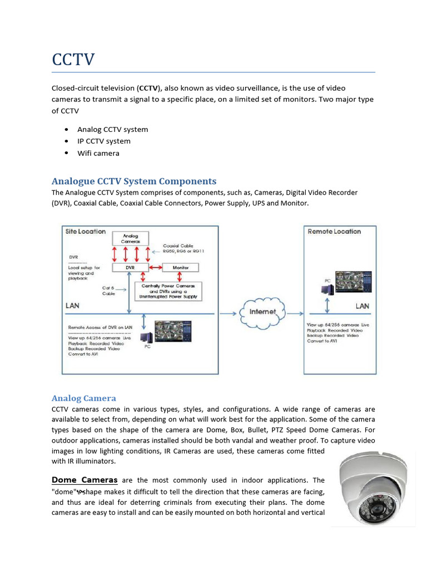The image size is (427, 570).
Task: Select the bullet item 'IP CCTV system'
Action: (x=104, y=141)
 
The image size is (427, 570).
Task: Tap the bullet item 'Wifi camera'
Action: (x=98, y=153)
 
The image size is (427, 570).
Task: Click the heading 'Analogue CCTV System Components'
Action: (x=134, y=181)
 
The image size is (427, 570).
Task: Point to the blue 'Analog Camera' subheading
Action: (x=84, y=398)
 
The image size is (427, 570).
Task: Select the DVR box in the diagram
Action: (x=129, y=268)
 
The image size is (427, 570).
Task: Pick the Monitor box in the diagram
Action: (x=180, y=268)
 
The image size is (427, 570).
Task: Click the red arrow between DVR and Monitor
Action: (x=155, y=268)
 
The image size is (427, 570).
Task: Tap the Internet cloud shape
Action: (x=262, y=312)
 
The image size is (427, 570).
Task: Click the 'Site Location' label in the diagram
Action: (x=85, y=232)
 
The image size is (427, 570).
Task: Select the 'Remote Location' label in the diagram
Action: (x=334, y=232)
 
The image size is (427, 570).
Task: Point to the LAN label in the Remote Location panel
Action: (x=362, y=306)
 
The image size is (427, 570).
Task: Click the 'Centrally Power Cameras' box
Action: (x=168, y=291)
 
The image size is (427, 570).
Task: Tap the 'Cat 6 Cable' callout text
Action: (x=108, y=291)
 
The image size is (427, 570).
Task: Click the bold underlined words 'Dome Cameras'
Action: (x=85, y=480)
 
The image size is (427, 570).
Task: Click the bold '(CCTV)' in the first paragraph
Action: (x=148, y=88)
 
